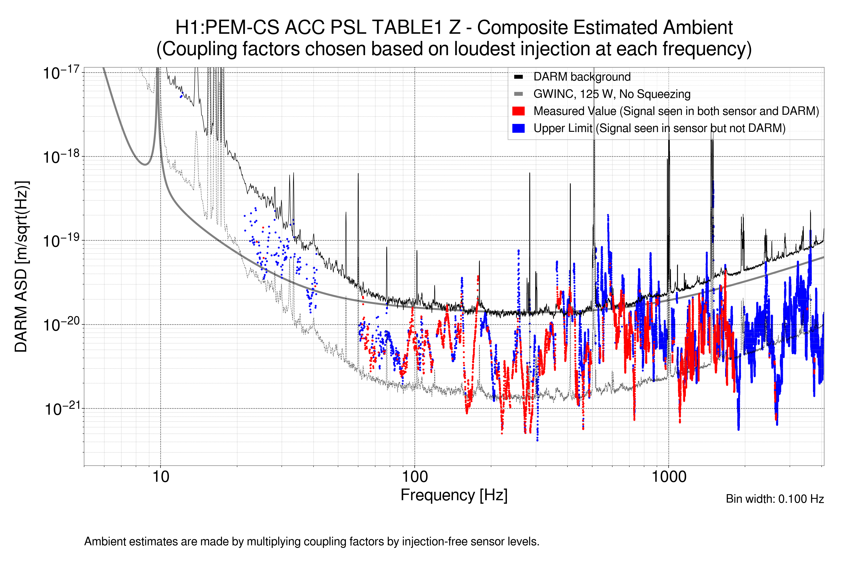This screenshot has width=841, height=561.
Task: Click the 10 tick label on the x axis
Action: (x=160, y=477)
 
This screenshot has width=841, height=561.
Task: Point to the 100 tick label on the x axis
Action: (x=414, y=477)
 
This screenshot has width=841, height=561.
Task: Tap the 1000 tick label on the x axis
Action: (x=669, y=477)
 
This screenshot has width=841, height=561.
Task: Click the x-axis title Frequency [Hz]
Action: (x=454, y=495)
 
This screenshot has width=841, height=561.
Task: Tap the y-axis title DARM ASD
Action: (x=21, y=266)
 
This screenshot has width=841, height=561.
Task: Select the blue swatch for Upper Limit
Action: (x=518, y=128)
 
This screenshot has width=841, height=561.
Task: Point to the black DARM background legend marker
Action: (x=518, y=77)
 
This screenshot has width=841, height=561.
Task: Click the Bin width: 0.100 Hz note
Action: (x=774, y=499)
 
